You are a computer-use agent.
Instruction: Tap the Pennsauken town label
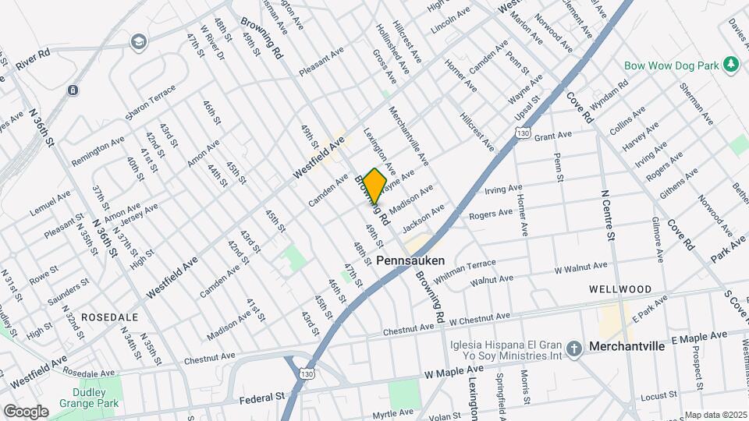pyautogui.click(x=410, y=260)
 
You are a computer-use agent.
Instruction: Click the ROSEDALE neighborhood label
pyautogui.click(x=109, y=317)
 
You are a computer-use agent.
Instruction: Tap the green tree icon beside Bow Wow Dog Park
pyautogui.click(x=731, y=65)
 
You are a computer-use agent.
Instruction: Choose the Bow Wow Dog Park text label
pyautogui.click(x=671, y=66)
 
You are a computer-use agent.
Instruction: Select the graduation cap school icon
pyautogui.click(x=138, y=41)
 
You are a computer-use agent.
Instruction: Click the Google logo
pyautogui.click(x=25, y=411)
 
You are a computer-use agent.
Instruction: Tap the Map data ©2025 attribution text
pyautogui.click(x=715, y=415)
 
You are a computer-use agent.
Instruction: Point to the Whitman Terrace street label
pyautogui.click(x=465, y=271)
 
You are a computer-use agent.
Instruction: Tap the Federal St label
pyautogui.click(x=262, y=398)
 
